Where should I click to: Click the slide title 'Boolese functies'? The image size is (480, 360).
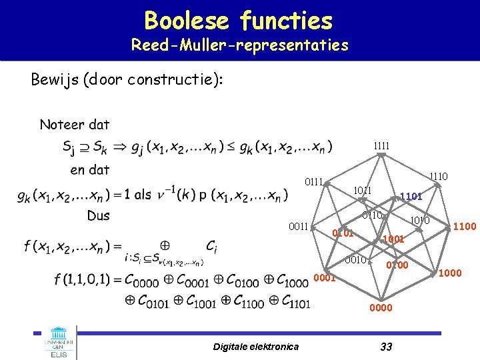coord(238,21)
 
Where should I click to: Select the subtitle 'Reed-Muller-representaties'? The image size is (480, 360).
coord(239,45)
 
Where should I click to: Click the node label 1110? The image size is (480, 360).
coord(438,177)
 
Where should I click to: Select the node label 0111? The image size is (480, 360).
coord(313,181)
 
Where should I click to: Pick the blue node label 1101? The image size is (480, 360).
coord(411,197)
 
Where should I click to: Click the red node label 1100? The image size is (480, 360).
coord(465,227)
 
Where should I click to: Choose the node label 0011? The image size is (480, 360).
coord(298,227)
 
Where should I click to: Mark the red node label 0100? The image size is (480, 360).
coord(397,266)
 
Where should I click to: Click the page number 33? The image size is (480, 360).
coord(385,345)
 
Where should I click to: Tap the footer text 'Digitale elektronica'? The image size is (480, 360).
coord(256,346)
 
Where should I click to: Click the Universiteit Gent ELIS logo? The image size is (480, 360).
coord(59,343)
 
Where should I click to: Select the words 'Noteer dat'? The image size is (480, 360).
coord(75,125)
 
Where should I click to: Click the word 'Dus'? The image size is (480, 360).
coord(99,215)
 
